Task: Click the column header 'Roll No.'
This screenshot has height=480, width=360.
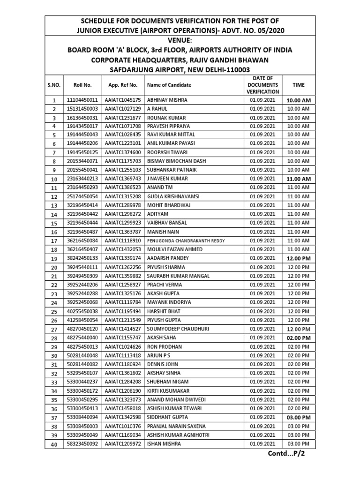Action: (x=82, y=85)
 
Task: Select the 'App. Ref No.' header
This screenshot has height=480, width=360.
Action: (x=122, y=85)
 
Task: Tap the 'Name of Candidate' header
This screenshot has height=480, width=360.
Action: (x=169, y=85)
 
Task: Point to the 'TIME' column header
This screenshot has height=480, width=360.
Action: (x=298, y=85)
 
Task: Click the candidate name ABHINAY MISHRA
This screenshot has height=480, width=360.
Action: (x=167, y=100)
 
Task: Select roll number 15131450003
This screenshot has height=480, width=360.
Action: (x=82, y=109)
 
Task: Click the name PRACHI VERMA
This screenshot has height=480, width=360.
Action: (x=165, y=285)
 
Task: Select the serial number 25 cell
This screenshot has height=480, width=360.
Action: (x=54, y=311)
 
